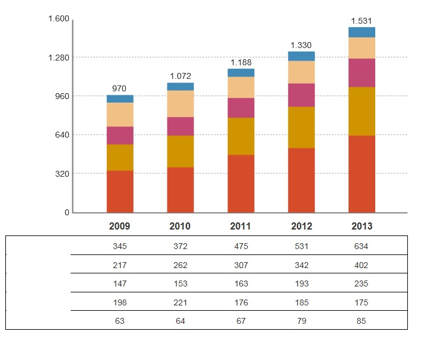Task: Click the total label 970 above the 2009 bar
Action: tap(119, 88)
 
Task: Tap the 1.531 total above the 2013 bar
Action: tap(362, 21)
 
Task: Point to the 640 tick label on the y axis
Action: tap(62, 135)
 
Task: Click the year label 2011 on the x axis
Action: tap(240, 227)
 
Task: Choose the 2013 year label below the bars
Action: tap(362, 227)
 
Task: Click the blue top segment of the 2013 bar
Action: tap(362, 32)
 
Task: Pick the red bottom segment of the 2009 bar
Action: tap(120, 191)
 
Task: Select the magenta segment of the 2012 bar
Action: tap(301, 95)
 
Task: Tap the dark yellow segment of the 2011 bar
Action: tap(240, 136)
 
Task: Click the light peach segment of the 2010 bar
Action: tap(180, 104)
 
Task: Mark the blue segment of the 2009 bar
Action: tap(120, 99)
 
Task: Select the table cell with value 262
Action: tap(180, 265)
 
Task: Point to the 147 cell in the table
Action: tap(119, 284)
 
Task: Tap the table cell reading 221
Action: tap(180, 302)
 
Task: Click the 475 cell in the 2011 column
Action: tap(240, 246)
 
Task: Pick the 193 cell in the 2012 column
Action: tap(301, 284)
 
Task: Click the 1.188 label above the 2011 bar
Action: tap(240, 62)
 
